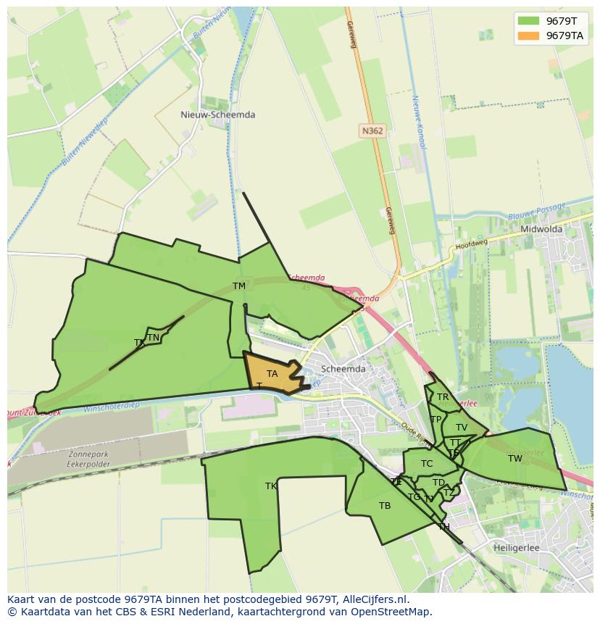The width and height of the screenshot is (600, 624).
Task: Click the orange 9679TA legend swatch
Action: [528, 36]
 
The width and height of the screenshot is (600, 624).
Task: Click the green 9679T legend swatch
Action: [528, 20]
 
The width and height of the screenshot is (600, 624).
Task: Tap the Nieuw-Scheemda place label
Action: [217, 115]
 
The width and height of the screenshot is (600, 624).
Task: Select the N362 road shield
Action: [372, 130]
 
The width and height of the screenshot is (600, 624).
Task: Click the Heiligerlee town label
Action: [516, 548]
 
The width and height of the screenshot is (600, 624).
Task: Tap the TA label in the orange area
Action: [272, 374]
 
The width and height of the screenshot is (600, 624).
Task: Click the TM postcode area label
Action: [239, 286]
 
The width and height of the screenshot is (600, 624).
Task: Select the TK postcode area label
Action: [271, 486]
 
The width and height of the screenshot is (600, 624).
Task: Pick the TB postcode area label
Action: [385, 506]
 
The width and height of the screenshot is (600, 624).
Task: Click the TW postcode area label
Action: [514, 459]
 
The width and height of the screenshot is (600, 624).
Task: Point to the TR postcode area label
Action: [442, 397]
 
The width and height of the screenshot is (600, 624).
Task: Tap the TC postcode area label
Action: [427, 464]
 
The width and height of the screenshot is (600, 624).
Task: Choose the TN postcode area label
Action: [153, 338]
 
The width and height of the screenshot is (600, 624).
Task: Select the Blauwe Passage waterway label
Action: [536, 212]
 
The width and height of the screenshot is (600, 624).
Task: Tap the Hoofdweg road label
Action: [472, 244]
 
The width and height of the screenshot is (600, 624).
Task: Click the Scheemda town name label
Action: [343, 368]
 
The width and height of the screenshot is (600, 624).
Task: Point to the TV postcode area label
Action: [462, 428]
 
